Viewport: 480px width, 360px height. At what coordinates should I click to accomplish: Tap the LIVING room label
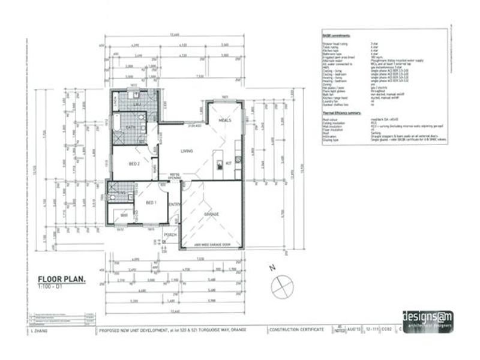coord(187,151)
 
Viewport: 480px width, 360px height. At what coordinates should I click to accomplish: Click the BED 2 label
coord(134,163)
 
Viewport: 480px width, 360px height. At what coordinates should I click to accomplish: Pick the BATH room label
coord(132,128)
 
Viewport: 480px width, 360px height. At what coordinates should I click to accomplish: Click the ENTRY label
coord(175,205)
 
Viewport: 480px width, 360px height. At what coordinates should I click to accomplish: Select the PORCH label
coord(170,235)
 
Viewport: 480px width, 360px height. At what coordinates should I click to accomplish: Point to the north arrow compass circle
coord(280,287)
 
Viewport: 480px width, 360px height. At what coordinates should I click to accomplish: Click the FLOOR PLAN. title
coord(62,279)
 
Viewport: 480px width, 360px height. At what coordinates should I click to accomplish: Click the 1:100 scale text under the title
coord(51,287)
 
